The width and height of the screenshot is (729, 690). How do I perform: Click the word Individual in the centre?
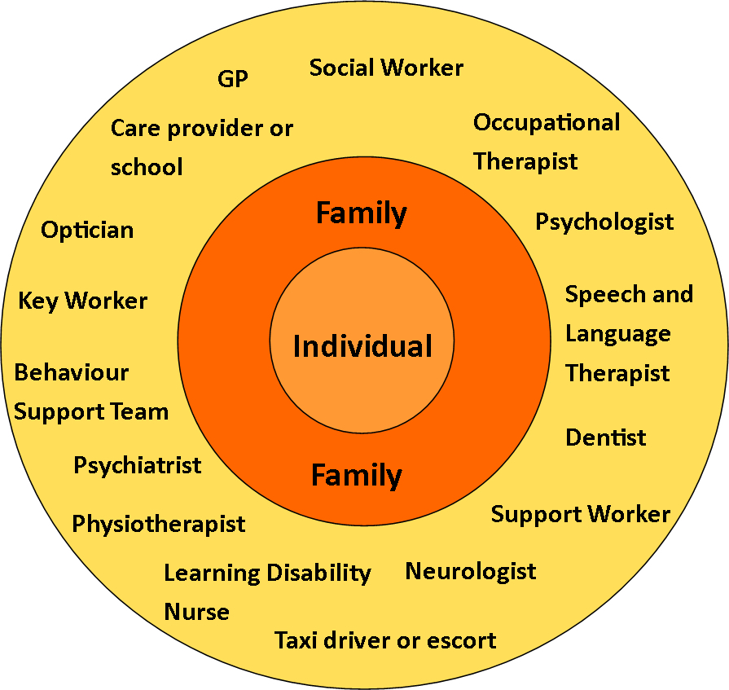pyautogui.click(x=362, y=347)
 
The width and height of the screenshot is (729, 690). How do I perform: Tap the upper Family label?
pyautogui.click(x=362, y=213)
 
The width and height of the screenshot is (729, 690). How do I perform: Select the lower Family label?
pyautogui.click(x=357, y=475)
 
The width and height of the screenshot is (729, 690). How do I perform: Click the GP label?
pyautogui.click(x=233, y=79)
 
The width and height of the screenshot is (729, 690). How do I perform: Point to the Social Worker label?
pyautogui.click(x=386, y=68)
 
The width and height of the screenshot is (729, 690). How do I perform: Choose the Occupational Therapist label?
pyautogui.click(x=546, y=142)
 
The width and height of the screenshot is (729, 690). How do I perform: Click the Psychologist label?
pyautogui.click(x=604, y=222)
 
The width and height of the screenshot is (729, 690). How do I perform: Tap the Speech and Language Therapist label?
pyautogui.click(x=628, y=333)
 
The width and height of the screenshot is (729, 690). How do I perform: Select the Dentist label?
pyautogui.click(x=605, y=437)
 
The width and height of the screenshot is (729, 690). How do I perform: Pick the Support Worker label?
pyautogui.click(x=580, y=515)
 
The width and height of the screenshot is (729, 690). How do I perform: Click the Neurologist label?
pyautogui.click(x=470, y=571)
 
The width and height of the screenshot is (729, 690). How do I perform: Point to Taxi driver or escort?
pyautogui.click(x=384, y=640)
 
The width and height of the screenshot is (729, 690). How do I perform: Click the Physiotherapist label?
pyautogui.click(x=159, y=524)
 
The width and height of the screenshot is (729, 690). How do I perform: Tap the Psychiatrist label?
pyautogui.click(x=138, y=465)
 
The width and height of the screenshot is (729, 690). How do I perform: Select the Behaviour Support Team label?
pyautogui.click(x=91, y=392)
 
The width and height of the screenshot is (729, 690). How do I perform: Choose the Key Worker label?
pyautogui.click(x=83, y=301)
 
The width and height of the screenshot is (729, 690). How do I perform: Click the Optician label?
pyautogui.click(x=87, y=230)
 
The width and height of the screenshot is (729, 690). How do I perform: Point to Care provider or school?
pyautogui.click(x=201, y=147)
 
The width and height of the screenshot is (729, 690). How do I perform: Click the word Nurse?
pyautogui.click(x=197, y=612)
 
